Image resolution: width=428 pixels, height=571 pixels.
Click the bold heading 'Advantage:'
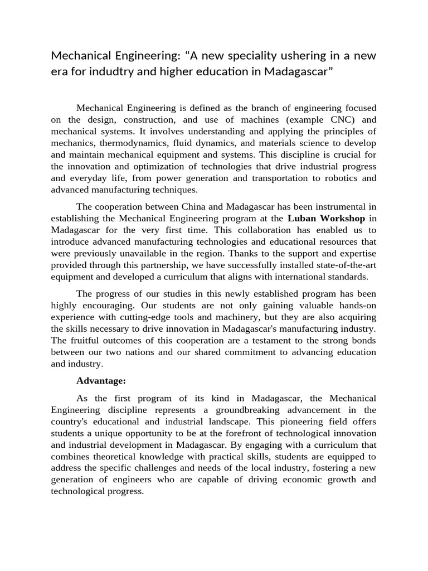tap(101, 381)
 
